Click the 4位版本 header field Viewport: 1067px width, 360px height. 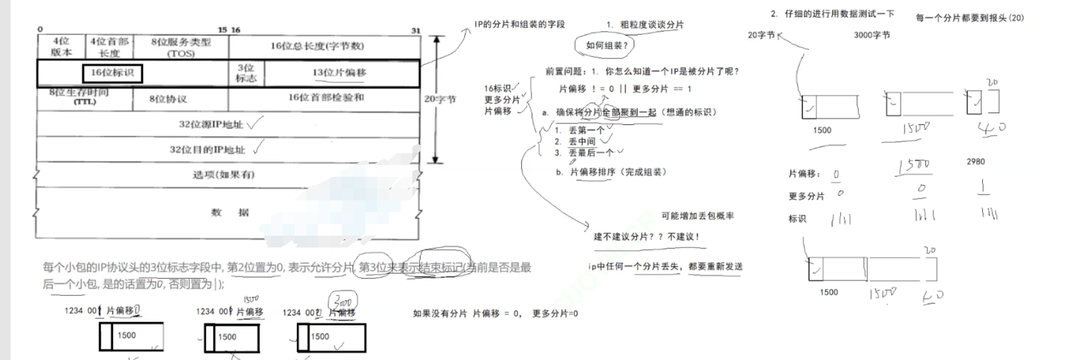(x=61, y=47)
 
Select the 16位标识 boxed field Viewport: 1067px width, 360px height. (x=113, y=73)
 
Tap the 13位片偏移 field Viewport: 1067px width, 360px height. (x=339, y=73)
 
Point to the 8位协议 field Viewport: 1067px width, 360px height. (x=168, y=98)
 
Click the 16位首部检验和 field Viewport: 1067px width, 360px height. (x=325, y=97)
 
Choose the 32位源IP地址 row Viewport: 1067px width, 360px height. (x=211, y=124)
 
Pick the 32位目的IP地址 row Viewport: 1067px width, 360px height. (x=207, y=150)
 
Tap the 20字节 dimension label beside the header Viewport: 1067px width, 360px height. (x=440, y=99)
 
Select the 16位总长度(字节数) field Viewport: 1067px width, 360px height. (x=317, y=46)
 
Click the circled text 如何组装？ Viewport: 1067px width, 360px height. (x=607, y=45)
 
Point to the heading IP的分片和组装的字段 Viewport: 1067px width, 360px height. (x=520, y=24)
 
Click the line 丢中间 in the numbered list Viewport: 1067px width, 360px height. (x=582, y=141)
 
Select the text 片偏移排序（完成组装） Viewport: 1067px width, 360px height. (x=618, y=172)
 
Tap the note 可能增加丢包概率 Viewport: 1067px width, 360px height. (x=697, y=216)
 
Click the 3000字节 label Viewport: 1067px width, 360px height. (x=871, y=35)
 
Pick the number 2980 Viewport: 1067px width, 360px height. (x=975, y=161)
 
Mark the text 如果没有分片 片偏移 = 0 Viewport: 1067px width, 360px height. (x=467, y=313)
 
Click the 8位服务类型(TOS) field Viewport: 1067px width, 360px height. (x=181, y=47)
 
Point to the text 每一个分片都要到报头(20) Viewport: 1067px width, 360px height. (x=969, y=18)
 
